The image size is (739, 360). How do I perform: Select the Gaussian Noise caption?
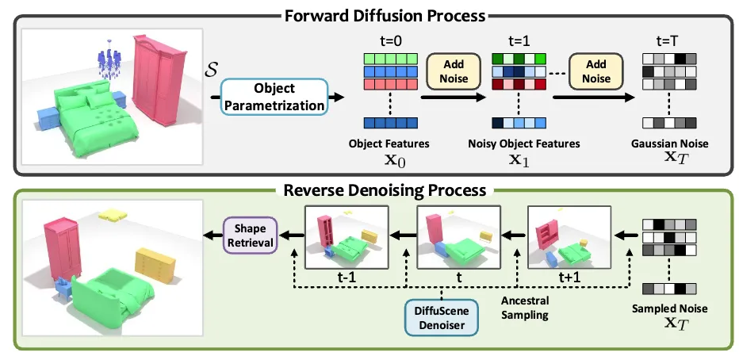coord(670,144)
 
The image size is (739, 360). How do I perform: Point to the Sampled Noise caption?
coord(670,308)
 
